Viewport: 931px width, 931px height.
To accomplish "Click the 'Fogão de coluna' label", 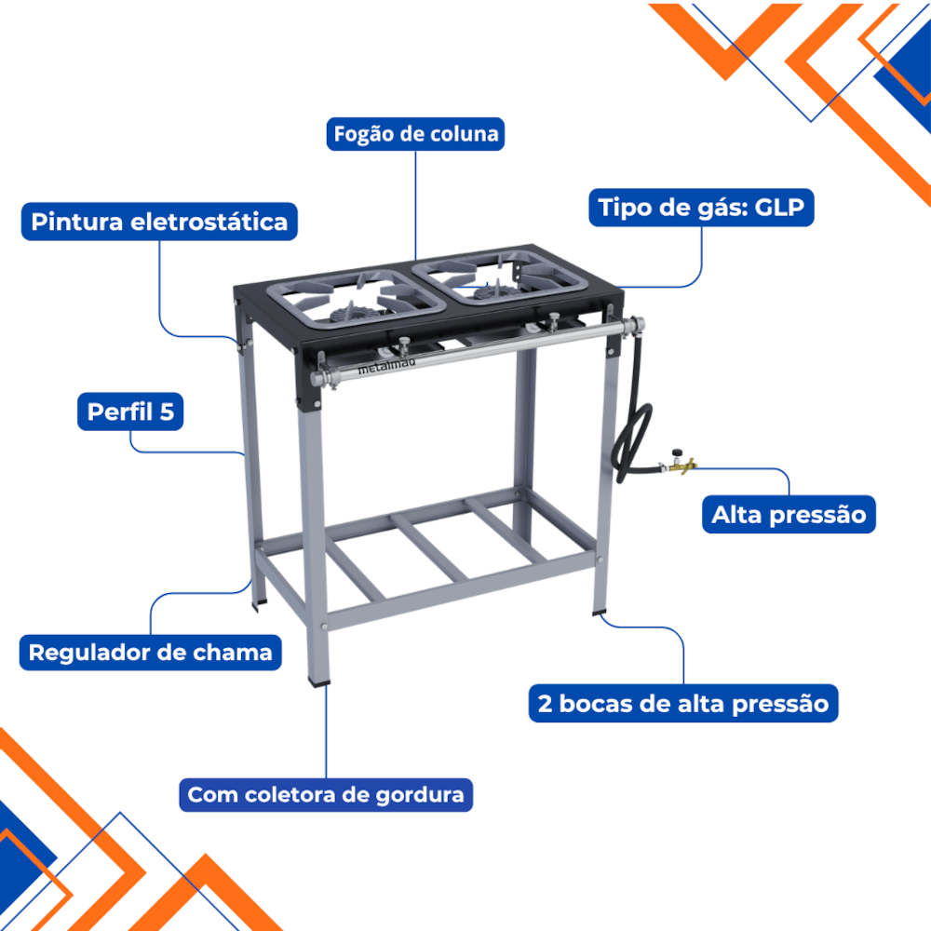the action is tap(415, 134).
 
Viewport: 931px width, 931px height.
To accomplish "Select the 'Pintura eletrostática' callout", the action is tap(159, 222).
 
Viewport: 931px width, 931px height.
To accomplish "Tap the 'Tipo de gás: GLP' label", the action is tap(701, 208).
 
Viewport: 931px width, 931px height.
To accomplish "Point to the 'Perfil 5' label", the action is tap(130, 412).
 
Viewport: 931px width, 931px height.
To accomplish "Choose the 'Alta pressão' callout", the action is tap(789, 514).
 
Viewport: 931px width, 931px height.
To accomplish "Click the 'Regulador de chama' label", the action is tap(150, 653).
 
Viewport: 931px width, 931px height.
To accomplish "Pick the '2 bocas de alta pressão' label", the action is tap(683, 704).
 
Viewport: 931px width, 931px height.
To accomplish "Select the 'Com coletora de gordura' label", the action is tap(326, 794).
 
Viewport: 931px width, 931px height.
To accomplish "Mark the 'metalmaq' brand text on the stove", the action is tap(386, 366).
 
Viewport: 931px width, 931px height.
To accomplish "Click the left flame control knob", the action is tap(404, 344).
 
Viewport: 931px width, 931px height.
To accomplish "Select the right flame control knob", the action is tap(553, 319).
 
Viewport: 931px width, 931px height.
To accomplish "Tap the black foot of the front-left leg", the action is tap(318, 681).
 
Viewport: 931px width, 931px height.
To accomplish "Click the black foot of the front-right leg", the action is tap(599, 613).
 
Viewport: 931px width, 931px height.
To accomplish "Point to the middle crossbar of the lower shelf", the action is tap(428, 547).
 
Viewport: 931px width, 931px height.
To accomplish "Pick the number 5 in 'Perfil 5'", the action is tap(167, 412).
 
